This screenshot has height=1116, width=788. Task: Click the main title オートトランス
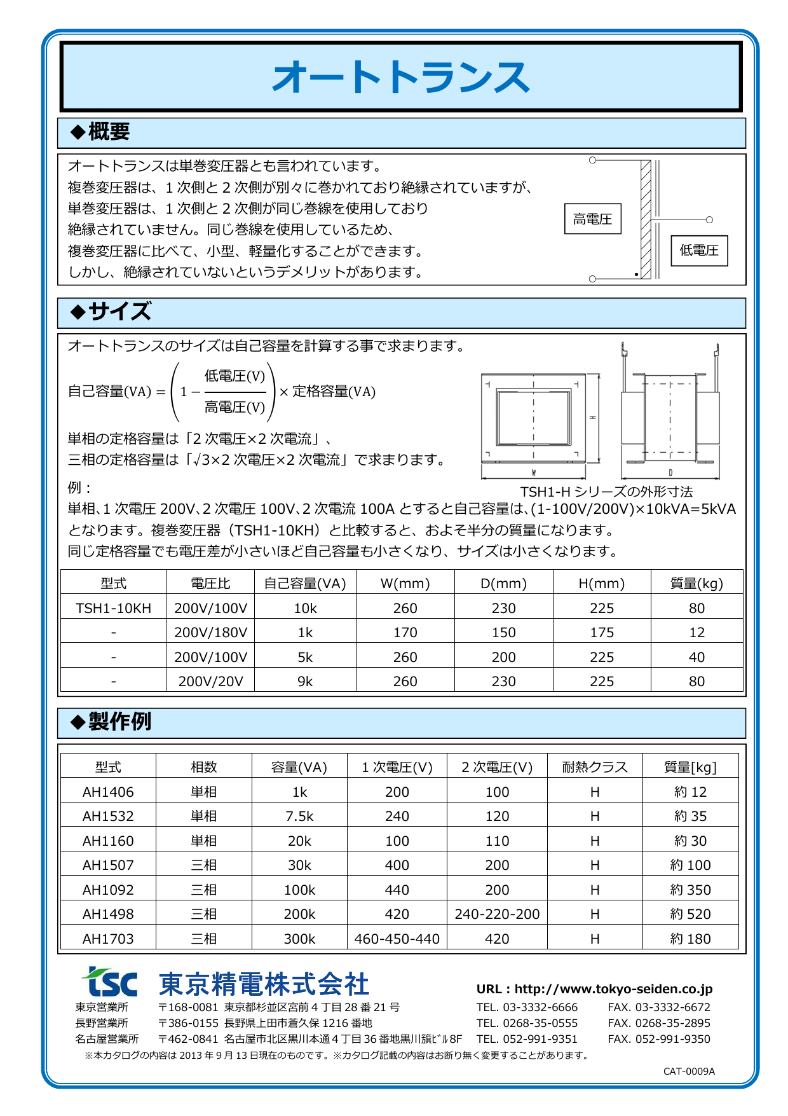[x=401, y=78]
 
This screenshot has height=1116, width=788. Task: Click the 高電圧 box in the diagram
[x=592, y=219]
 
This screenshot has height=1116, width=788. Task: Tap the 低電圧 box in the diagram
[x=699, y=251]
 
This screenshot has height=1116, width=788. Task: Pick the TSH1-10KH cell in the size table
[x=113, y=609]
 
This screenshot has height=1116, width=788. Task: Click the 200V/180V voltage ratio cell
[x=210, y=633]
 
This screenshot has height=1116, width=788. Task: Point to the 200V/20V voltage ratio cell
[x=210, y=682]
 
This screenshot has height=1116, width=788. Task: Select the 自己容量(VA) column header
[x=305, y=584]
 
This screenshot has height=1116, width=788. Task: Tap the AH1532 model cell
[x=108, y=816]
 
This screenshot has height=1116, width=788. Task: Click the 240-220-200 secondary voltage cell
[x=497, y=914]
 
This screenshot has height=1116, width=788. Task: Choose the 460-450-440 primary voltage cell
[x=397, y=939]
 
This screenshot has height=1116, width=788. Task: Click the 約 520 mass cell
[x=690, y=914]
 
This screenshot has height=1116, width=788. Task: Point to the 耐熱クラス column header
[x=595, y=768]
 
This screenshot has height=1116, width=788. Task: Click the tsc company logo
[x=109, y=982]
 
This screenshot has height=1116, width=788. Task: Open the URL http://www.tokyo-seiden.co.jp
[x=613, y=989]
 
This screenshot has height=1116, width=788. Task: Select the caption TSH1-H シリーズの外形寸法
[x=606, y=492]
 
